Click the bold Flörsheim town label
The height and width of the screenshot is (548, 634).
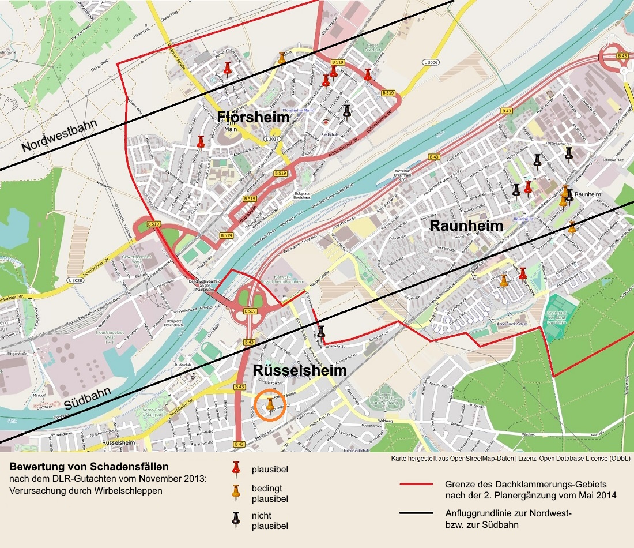253,118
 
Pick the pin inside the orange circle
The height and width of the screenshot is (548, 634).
270,404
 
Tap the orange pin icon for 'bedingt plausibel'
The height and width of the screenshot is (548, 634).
235,493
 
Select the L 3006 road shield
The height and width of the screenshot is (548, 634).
431,61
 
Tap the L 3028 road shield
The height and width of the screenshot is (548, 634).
74,280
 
